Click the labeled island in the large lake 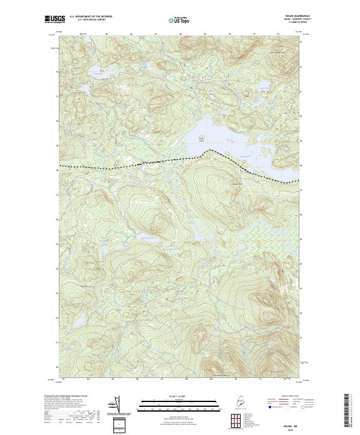[202, 138]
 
